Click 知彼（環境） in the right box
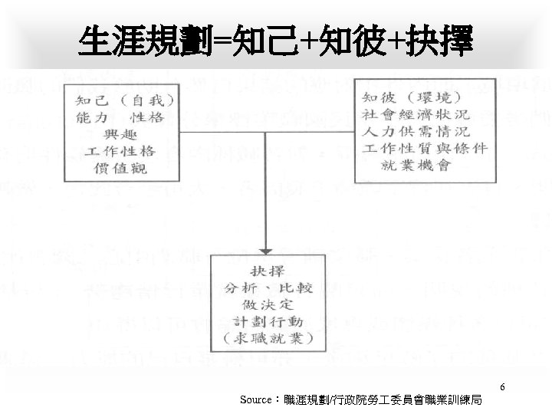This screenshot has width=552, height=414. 411,98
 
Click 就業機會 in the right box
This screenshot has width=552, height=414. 422,166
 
